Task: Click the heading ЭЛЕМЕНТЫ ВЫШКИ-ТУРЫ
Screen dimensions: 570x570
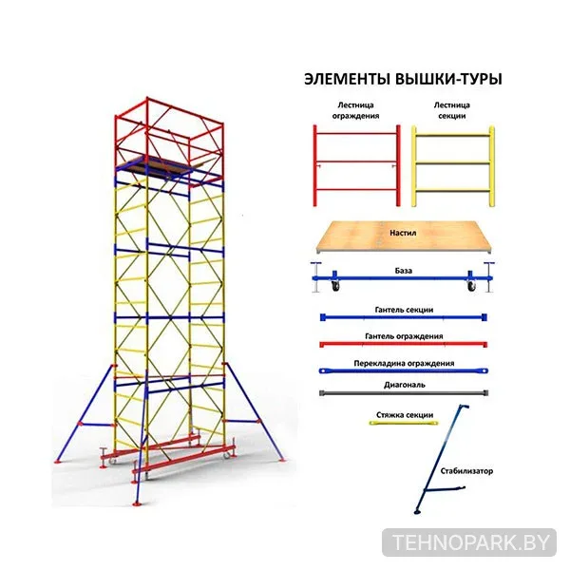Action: point(403,79)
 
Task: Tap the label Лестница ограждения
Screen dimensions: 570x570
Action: point(355,110)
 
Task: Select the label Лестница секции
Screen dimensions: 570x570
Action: point(452,110)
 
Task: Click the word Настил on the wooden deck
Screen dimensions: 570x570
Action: point(403,233)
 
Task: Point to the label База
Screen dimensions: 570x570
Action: point(403,271)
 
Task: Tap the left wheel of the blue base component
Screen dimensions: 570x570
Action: point(335,286)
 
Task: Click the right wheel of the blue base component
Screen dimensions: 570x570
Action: point(471,286)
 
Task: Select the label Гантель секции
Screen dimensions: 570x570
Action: point(404,310)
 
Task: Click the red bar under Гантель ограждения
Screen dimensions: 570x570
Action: point(404,344)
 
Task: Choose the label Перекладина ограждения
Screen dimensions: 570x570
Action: point(404,363)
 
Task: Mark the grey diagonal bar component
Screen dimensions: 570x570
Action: point(404,393)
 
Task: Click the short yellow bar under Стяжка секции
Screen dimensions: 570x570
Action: point(404,423)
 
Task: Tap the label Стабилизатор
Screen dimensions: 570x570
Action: point(466,471)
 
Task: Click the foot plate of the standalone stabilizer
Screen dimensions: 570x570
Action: point(417,513)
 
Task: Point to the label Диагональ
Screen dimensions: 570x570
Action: point(405,385)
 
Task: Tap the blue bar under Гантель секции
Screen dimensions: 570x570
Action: point(404,317)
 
